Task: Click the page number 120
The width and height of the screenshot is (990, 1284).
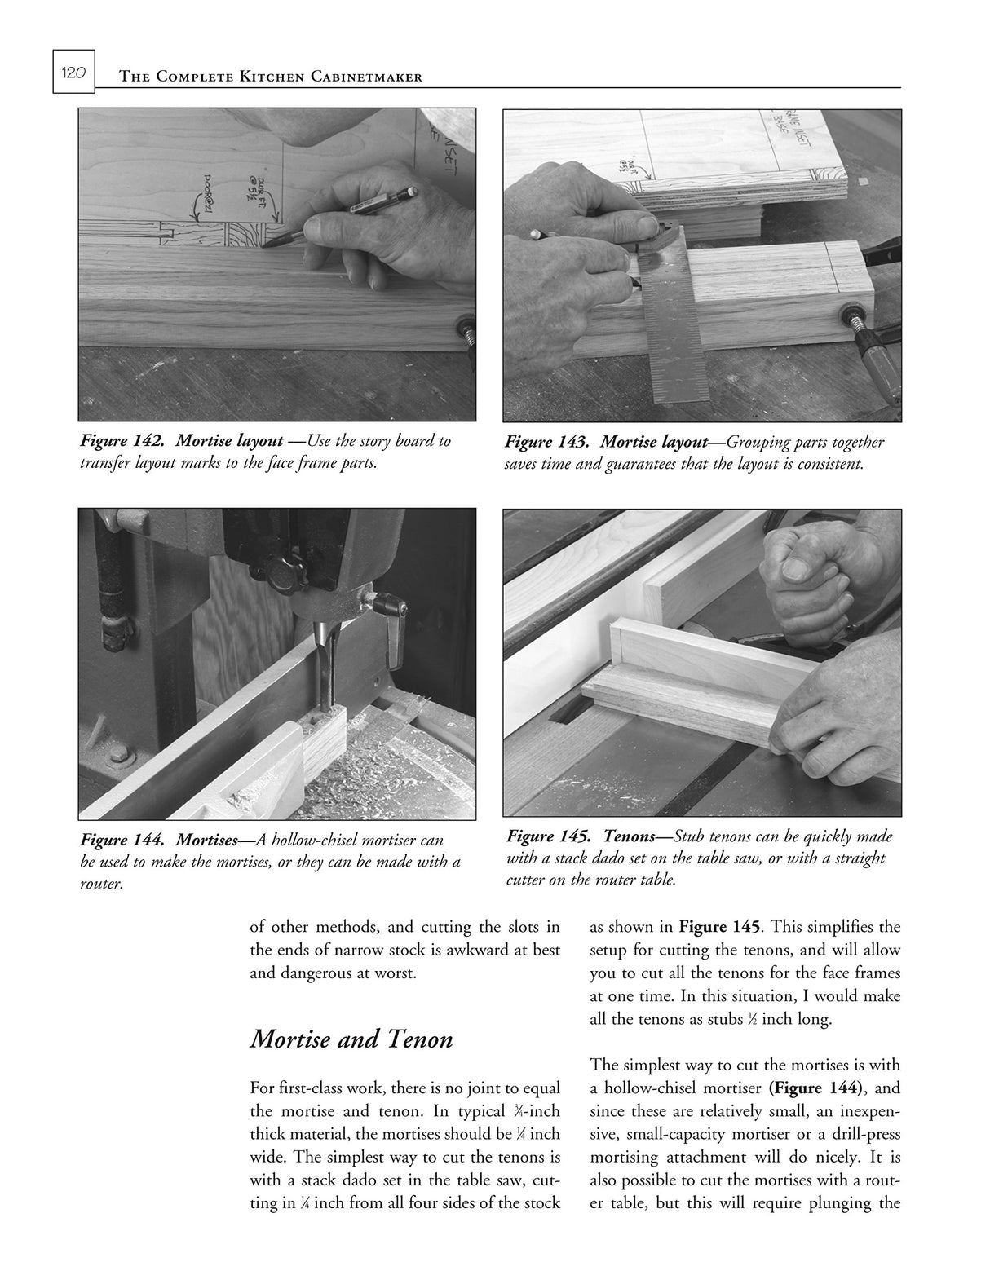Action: click(73, 73)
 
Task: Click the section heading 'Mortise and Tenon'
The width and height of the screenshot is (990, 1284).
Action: click(351, 1040)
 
